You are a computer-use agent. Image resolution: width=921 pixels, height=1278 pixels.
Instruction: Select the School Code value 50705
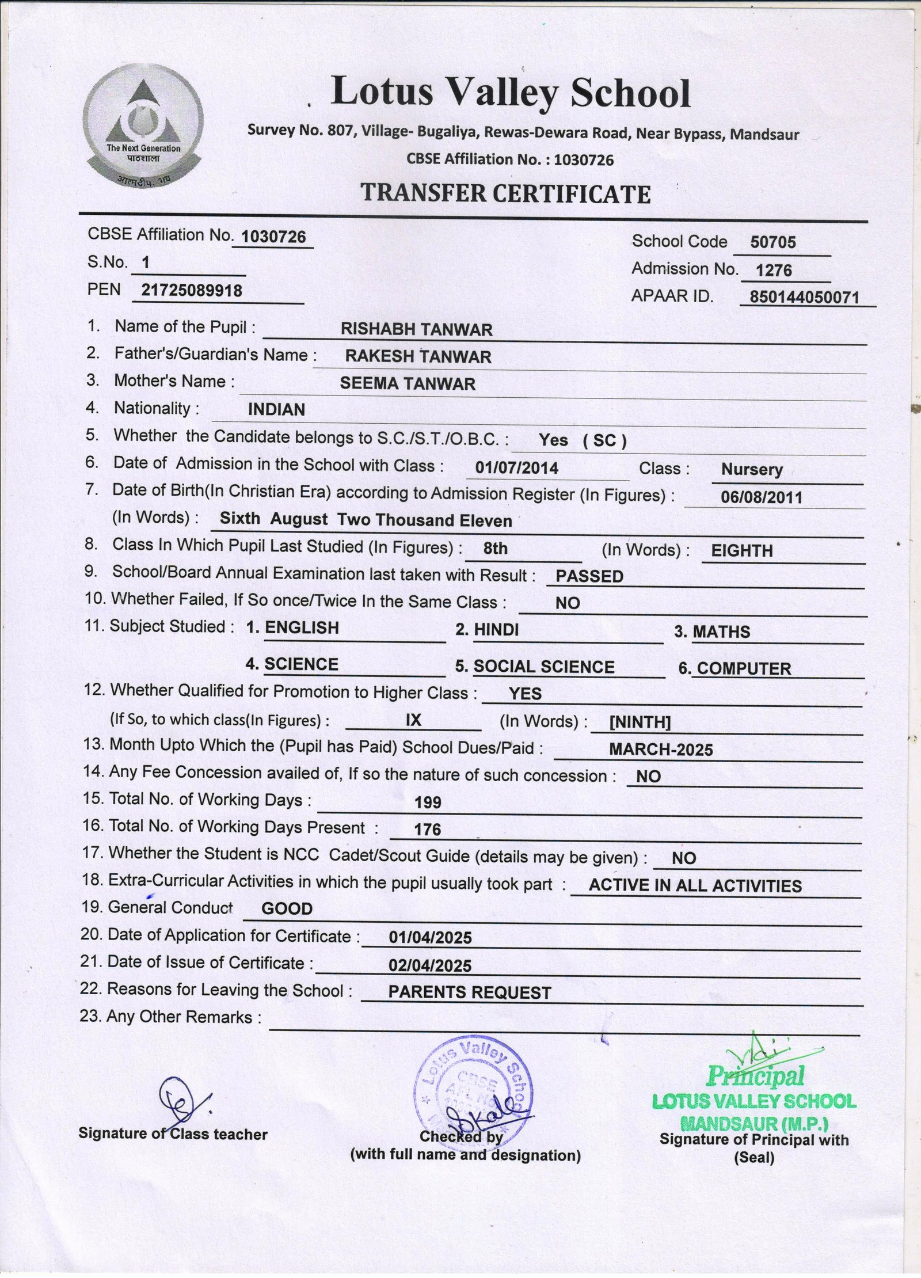(x=772, y=242)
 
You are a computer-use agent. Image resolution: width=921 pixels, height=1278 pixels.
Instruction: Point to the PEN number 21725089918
(x=192, y=291)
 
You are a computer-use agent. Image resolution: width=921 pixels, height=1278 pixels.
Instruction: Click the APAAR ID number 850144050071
(x=804, y=297)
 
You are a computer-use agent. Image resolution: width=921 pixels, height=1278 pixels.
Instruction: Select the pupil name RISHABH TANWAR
(x=416, y=330)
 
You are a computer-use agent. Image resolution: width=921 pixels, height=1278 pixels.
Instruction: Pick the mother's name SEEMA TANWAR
(x=408, y=384)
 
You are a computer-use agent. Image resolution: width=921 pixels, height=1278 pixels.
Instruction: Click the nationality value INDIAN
(x=276, y=410)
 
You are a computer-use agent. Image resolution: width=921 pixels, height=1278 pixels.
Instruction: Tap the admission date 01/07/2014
(x=516, y=468)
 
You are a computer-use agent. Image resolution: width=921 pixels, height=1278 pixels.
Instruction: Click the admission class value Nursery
(x=752, y=470)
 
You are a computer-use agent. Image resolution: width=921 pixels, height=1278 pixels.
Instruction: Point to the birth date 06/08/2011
(x=762, y=497)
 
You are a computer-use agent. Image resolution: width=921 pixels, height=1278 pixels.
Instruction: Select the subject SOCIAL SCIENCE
(x=544, y=667)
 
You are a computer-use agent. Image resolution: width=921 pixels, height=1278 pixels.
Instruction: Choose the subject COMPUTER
(x=744, y=669)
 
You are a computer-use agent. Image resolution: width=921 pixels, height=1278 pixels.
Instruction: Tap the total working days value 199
(x=428, y=803)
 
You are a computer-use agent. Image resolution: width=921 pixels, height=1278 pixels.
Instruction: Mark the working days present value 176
(x=427, y=830)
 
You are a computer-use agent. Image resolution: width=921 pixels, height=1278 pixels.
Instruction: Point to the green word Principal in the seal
(x=755, y=1075)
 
